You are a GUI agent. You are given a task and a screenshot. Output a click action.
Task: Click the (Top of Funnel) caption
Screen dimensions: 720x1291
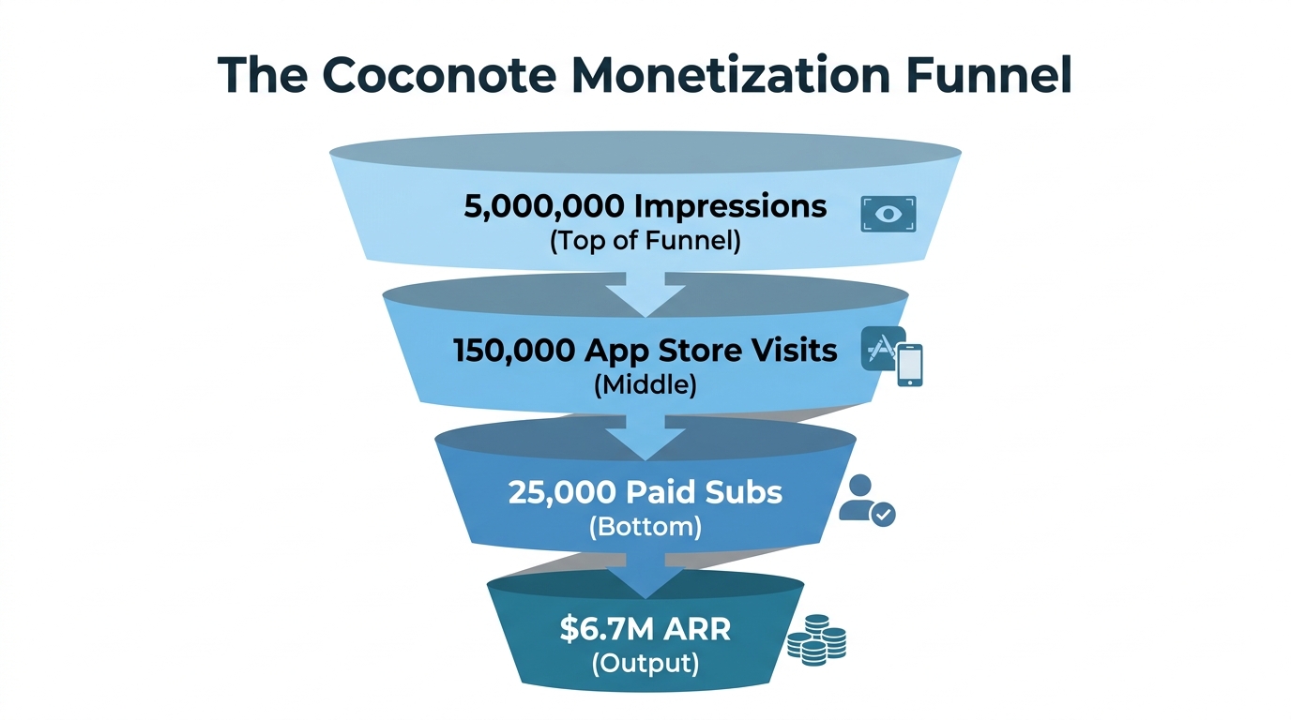[645, 240]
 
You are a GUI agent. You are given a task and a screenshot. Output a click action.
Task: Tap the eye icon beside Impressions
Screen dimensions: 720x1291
[888, 214]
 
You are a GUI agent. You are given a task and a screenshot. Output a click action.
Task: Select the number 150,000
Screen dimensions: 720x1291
[513, 350]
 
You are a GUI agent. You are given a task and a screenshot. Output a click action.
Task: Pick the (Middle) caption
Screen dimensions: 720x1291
[645, 384]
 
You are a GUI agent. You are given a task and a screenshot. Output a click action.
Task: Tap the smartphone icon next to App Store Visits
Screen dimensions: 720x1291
[909, 365]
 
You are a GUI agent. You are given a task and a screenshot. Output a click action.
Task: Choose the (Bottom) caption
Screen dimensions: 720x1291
[645, 527]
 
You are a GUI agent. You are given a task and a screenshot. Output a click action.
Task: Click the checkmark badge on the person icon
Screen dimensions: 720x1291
[883, 514]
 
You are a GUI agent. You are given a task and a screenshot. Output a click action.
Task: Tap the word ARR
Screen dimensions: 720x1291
[694, 628]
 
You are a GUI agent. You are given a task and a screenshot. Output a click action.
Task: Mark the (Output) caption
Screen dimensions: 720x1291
[645, 663]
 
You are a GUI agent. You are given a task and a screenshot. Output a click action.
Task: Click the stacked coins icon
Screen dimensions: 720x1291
[816, 640]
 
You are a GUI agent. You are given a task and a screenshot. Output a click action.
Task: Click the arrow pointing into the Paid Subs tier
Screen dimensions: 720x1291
[645, 441]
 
